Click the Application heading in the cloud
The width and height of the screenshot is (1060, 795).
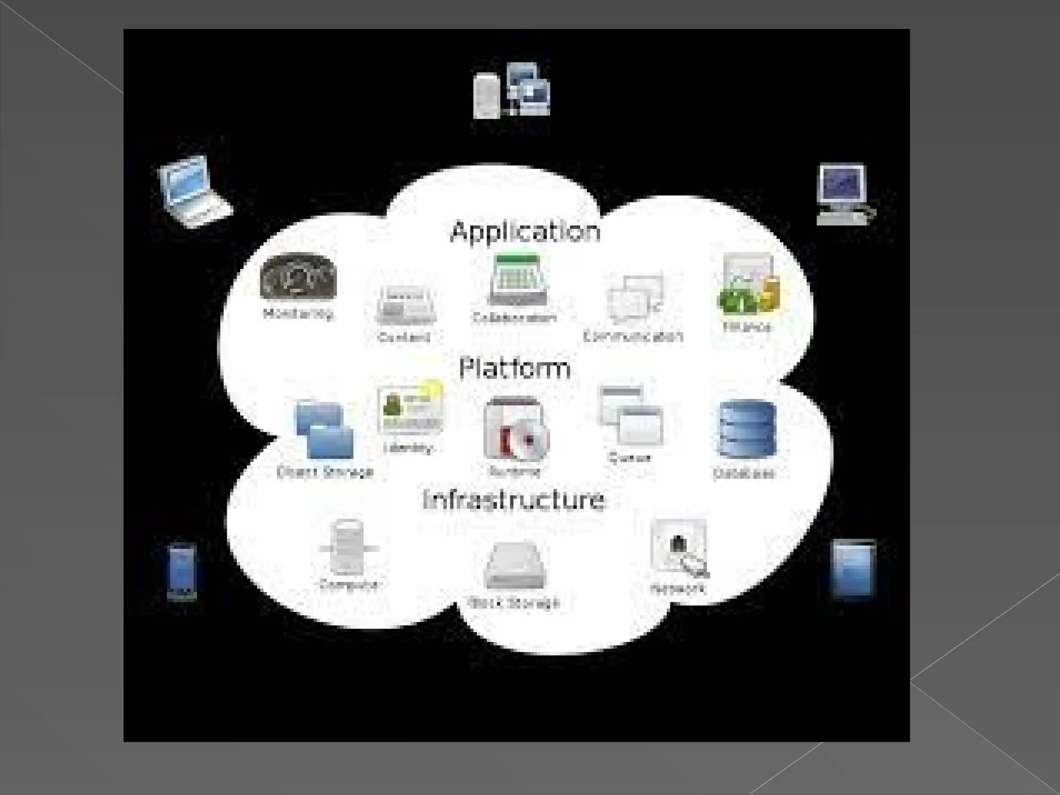[x=525, y=231]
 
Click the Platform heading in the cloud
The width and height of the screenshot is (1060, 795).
[x=514, y=368]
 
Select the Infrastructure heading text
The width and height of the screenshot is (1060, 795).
[x=513, y=500]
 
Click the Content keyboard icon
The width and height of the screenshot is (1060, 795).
[x=406, y=305]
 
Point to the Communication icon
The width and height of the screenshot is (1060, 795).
[x=635, y=298]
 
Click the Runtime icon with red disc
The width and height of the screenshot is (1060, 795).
[x=514, y=430]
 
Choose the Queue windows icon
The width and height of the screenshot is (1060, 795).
[x=630, y=417]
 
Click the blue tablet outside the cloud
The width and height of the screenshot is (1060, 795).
[x=852, y=568]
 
